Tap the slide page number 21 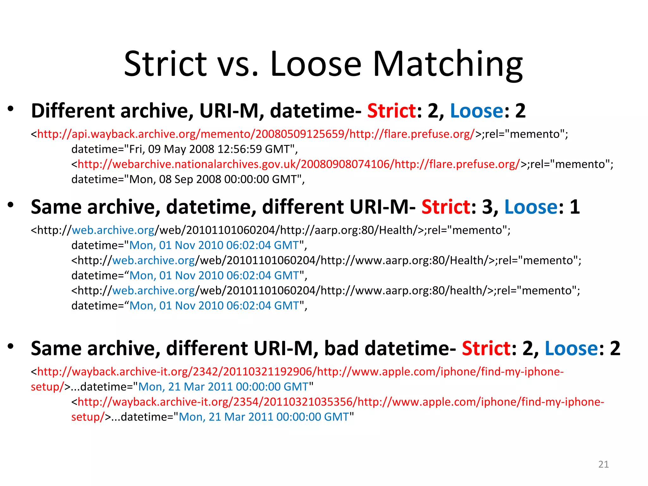click(x=603, y=464)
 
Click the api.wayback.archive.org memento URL click(x=256, y=134)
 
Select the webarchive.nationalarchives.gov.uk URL click(x=299, y=164)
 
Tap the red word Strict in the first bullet click(x=391, y=111)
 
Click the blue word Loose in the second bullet click(x=531, y=207)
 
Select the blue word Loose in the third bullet click(x=571, y=348)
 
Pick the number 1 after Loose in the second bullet click(x=575, y=207)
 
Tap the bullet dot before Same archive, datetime click(x=11, y=205)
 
